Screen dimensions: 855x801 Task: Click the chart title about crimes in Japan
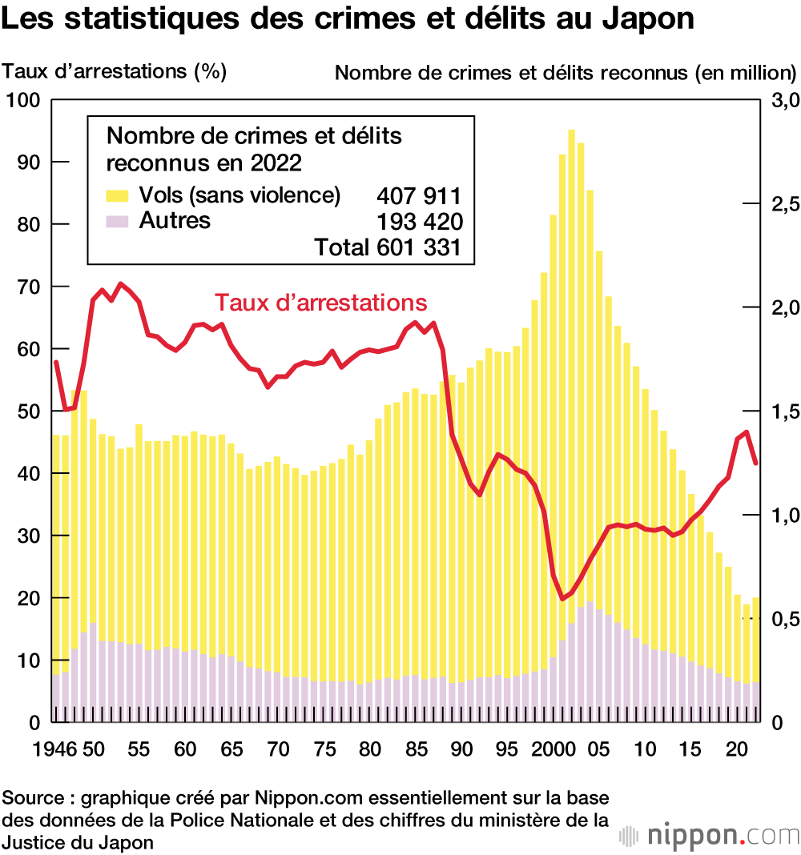(348, 19)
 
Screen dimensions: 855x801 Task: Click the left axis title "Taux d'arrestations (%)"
(115, 71)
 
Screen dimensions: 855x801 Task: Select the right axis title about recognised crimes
(565, 72)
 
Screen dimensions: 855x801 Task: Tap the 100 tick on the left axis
(24, 100)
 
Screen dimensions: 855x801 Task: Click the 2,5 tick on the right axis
(783, 204)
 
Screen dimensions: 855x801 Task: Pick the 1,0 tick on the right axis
(783, 515)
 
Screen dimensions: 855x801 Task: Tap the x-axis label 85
(415, 751)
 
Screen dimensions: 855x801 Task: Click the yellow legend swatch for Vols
(117, 195)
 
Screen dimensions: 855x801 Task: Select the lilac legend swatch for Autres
(117, 221)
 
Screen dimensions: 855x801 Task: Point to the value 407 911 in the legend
(419, 196)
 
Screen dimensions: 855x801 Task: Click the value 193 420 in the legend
(419, 222)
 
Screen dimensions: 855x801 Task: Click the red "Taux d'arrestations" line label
(320, 303)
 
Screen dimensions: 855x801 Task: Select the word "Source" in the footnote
(34, 798)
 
